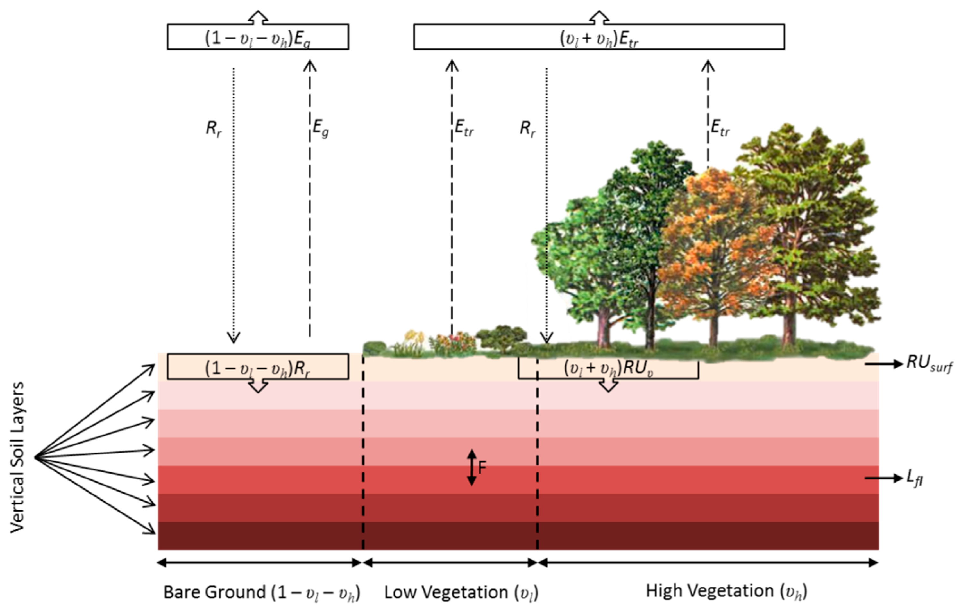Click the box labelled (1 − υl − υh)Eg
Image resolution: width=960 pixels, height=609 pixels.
tap(258, 37)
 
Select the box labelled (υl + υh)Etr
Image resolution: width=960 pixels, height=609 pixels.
tap(599, 37)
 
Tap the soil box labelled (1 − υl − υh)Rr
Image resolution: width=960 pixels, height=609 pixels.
tap(258, 367)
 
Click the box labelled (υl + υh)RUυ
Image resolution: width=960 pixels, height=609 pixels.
tap(608, 368)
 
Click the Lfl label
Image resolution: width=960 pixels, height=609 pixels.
tap(914, 478)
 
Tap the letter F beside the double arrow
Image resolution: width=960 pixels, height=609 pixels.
tap(482, 467)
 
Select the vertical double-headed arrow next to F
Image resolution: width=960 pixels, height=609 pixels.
tap(472, 467)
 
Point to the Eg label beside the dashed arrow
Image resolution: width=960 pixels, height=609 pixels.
tap(320, 128)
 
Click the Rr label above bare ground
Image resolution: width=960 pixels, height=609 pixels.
tap(214, 128)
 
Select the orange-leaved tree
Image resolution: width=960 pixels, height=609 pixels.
tap(714, 247)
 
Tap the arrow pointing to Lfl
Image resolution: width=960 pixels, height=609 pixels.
tap(883, 478)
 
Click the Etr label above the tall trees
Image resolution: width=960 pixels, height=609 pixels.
tap(720, 128)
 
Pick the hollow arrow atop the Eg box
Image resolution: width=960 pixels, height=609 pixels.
tap(258, 17)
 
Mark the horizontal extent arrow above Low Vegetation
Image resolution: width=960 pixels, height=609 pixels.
tap(450, 563)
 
